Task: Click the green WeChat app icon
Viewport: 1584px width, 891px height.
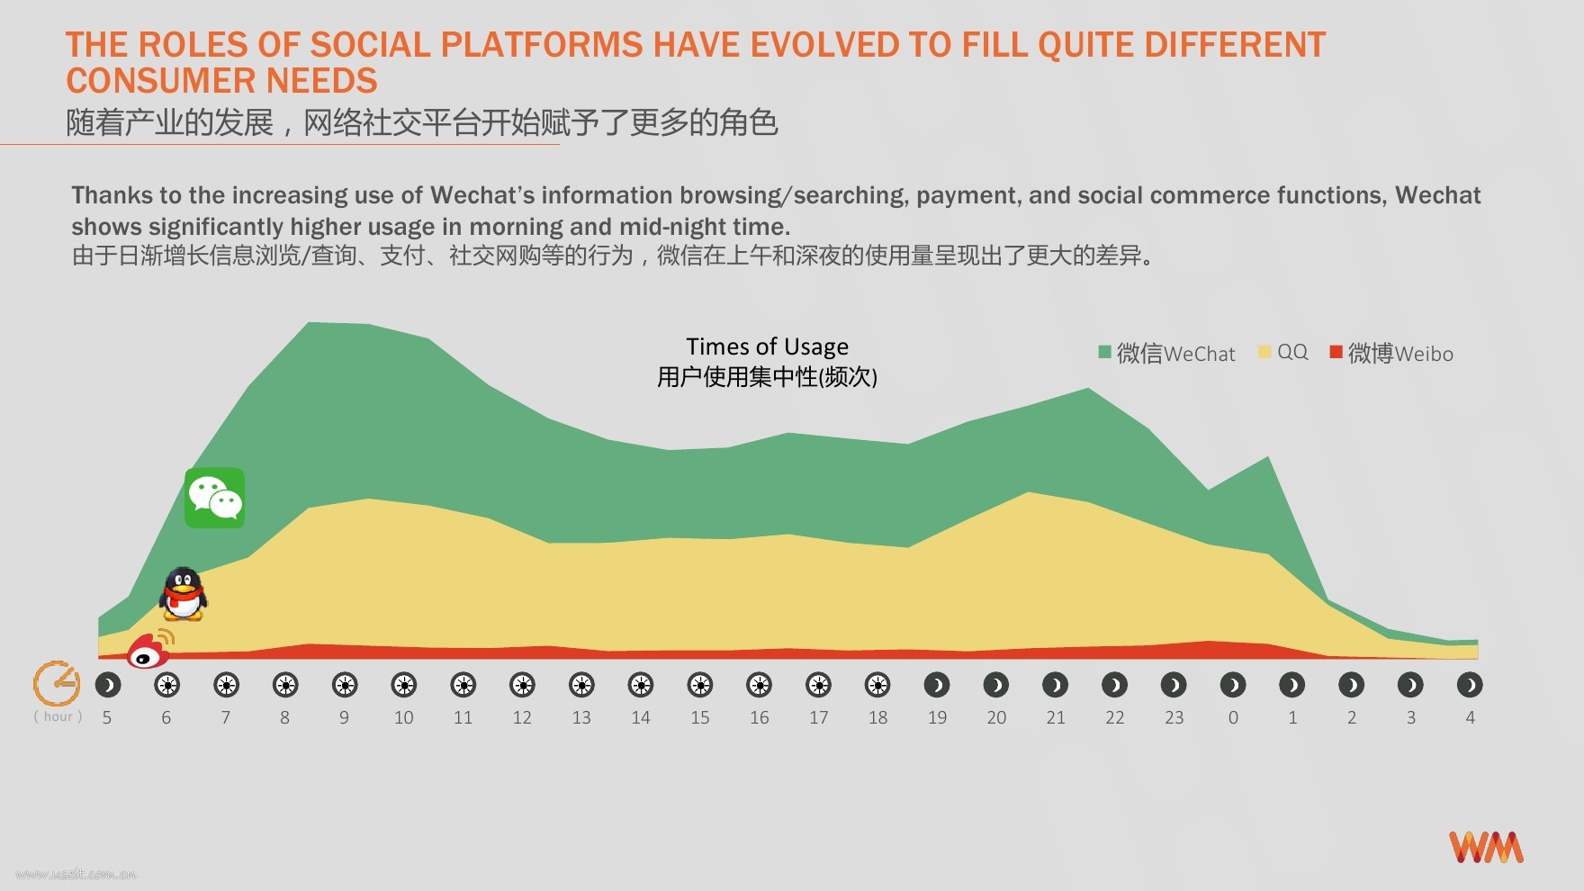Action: tap(214, 498)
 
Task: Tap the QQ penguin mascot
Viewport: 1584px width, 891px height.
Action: tap(184, 594)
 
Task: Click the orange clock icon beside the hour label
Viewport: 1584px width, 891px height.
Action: tap(57, 684)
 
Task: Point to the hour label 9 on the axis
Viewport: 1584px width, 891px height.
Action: tap(344, 717)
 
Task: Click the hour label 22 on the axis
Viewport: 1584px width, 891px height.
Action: tap(1114, 717)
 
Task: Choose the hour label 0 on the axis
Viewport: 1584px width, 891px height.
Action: tap(1233, 717)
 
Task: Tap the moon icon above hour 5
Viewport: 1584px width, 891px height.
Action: tap(107, 686)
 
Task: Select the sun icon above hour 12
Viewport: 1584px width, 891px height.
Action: tap(522, 686)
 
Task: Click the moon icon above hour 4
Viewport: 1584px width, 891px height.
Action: tap(1470, 686)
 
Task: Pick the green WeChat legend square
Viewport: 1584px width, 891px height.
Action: tap(1104, 352)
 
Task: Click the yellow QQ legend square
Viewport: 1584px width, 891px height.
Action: tap(1264, 352)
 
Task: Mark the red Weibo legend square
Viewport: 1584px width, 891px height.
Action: tap(1336, 352)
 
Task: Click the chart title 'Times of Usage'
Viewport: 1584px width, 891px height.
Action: tap(767, 346)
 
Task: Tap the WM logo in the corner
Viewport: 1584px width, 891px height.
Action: tap(1486, 847)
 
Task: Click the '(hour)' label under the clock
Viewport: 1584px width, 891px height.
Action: tap(58, 716)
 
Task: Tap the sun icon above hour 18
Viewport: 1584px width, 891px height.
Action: tap(877, 686)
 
